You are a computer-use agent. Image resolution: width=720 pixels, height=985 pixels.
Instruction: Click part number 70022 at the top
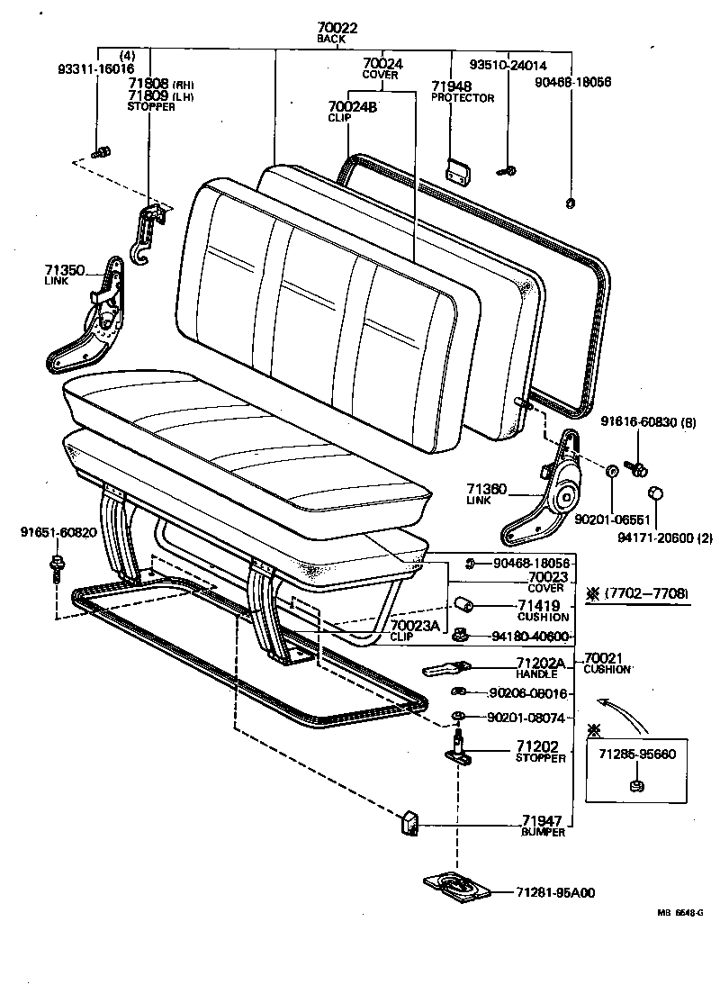(337, 28)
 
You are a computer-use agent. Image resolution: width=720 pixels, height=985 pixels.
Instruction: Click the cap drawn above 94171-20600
(657, 493)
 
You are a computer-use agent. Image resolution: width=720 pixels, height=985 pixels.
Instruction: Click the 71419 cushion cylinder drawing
(462, 603)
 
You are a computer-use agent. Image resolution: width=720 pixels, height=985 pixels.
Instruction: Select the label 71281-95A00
(555, 892)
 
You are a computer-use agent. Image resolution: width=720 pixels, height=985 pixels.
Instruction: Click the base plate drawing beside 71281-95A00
(457, 885)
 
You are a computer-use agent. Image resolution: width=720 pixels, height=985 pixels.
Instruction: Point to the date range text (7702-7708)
(646, 593)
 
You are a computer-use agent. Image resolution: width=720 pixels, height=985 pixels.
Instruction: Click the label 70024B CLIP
(352, 111)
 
